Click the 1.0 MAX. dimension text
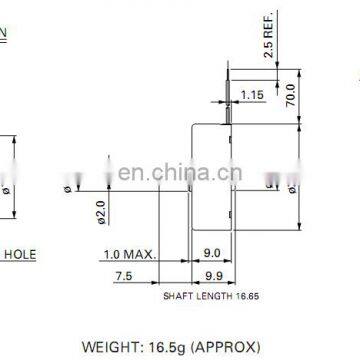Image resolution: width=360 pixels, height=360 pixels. coord(131,255)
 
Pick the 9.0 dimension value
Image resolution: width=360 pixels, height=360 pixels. coord(212,255)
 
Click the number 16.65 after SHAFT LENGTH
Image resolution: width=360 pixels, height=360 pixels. coord(246,296)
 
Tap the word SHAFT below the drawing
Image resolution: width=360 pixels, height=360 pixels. coord(177,296)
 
